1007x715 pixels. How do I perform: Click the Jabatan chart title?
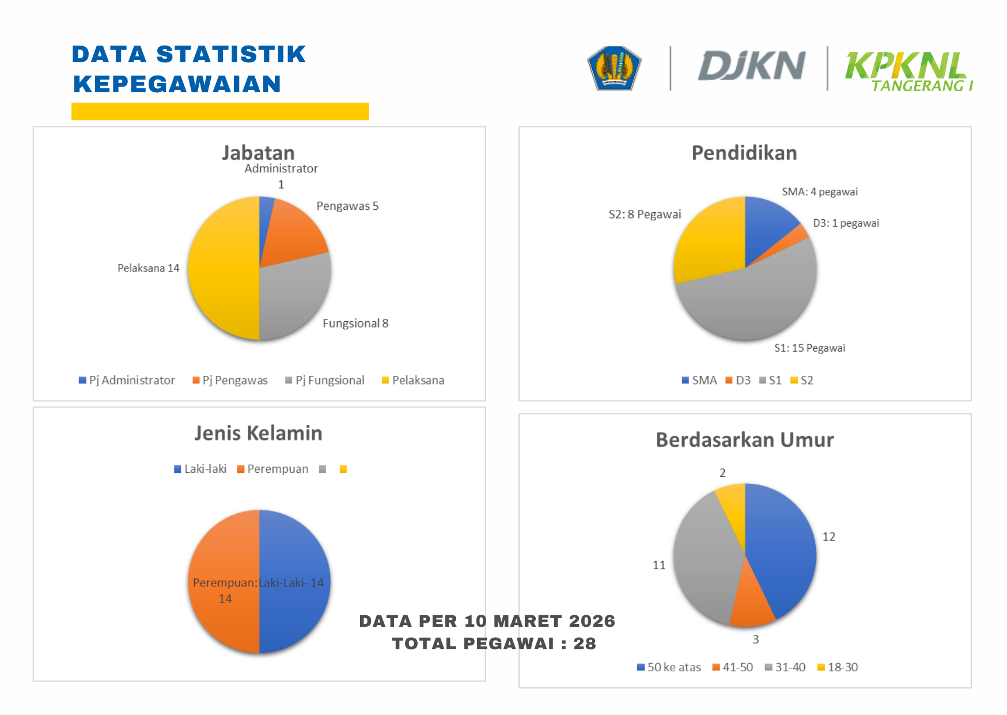click(x=258, y=153)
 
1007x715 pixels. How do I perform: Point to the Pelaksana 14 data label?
click(x=148, y=268)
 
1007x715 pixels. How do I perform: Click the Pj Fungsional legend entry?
click(x=325, y=381)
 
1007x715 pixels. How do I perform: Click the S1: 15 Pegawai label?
click(x=809, y=348)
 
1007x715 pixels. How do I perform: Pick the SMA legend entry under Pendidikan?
click(x=699, y=381)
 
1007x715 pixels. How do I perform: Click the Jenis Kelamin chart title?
click(x=258, y=433)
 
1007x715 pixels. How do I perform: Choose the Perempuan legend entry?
click(x=272, y=469)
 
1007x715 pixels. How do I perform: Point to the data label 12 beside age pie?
click(x=828, y=537)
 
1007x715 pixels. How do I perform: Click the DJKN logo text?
click(x=751, y=66)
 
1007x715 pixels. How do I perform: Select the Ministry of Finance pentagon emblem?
click(x=614, y=68)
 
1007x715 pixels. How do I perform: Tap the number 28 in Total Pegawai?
click(x=584, y=643)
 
